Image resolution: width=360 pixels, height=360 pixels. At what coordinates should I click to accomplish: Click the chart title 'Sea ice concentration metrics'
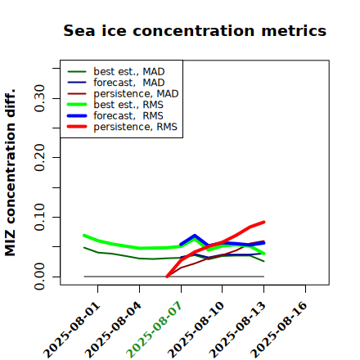tap(195, 30)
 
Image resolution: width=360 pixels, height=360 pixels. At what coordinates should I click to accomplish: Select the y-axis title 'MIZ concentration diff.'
tap(10, 173)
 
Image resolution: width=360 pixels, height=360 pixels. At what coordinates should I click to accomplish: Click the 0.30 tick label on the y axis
tap(40, 98)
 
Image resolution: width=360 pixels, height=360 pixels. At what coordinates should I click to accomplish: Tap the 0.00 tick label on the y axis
tap(40, 277)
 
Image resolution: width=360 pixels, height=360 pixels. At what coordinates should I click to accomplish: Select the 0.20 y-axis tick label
tap(40, 158)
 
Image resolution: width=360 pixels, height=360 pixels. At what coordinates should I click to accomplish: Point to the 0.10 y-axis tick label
tap(40, 217)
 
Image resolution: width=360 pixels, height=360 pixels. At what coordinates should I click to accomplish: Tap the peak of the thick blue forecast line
tap(195, 236)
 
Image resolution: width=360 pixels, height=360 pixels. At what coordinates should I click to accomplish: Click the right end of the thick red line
tap(264, 222)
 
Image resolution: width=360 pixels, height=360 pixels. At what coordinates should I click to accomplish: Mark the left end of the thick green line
tap(84, 236)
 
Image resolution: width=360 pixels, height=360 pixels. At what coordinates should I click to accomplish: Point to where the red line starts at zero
tap(167, 277)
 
